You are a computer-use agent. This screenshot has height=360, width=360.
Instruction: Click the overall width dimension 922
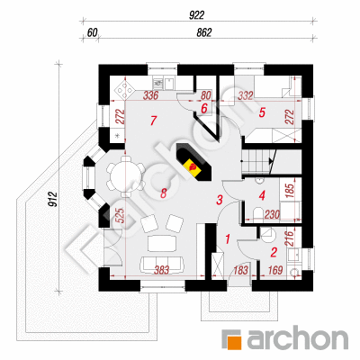tap(196, 15)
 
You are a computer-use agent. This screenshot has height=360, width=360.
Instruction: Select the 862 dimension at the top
tap(204, 32)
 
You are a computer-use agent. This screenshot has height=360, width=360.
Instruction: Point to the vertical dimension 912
tap(52, 200)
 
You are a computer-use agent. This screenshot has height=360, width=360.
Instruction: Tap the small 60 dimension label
tap(93, 32)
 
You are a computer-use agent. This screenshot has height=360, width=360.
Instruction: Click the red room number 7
tap(153, 121)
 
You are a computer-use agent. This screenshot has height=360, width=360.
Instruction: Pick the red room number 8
tap(163, 193)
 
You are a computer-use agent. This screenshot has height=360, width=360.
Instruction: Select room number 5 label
tap(262, 112)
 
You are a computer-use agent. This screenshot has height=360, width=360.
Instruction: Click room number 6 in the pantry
tap(204, 108)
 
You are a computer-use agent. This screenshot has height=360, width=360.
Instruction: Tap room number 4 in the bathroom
tap(262, 196)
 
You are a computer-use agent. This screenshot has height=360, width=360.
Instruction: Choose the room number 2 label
tap(274, 252)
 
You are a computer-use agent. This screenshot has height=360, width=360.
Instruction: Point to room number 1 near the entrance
tap(228, 239)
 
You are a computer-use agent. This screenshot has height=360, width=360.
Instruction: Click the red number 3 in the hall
tap(220, 200)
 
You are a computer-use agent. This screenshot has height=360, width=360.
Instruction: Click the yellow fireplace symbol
tap(192, 166)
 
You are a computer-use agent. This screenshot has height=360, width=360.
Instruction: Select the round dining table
tap(126, 176)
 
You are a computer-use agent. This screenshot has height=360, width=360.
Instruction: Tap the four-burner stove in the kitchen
tap(124, 88)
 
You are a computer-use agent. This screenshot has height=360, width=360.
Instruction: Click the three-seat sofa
tap(162, 264)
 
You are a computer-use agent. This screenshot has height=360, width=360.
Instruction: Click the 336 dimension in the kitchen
tap(150, 96)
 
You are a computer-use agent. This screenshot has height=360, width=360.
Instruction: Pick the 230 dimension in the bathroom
tap(272, 214)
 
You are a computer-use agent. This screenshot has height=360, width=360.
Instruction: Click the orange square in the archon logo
tap(235, 341)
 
